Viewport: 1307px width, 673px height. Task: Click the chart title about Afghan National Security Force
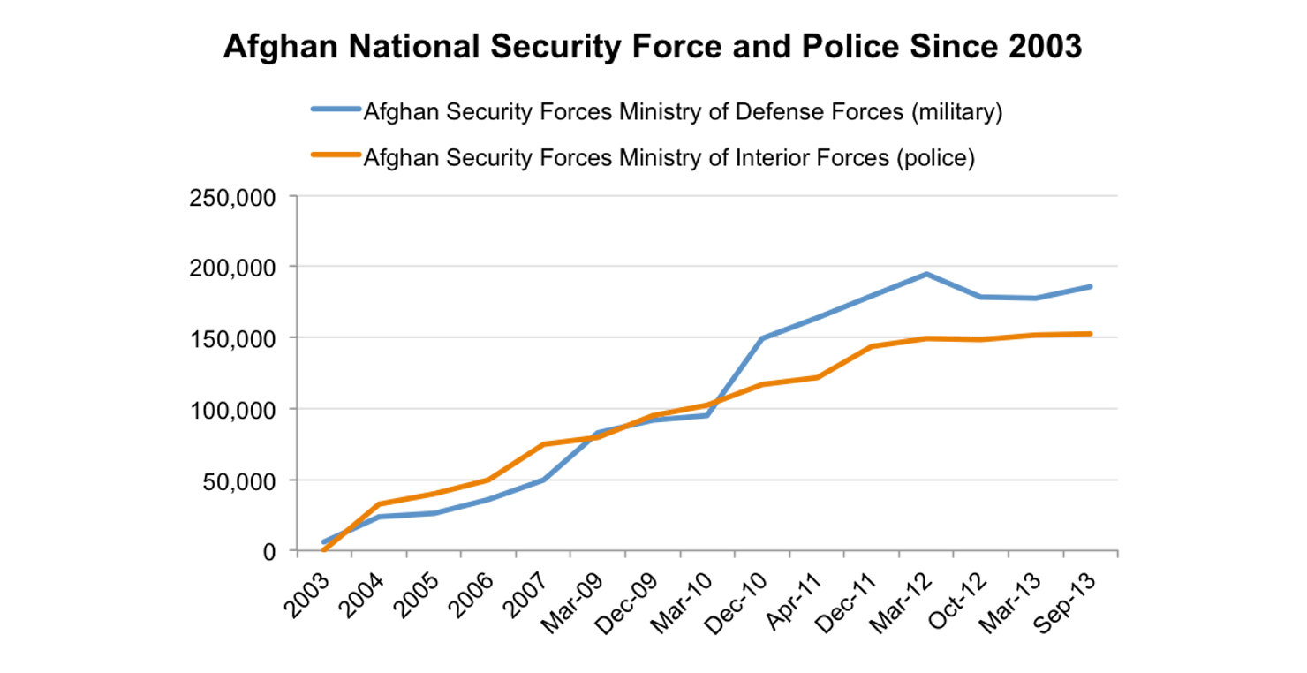[652, 47]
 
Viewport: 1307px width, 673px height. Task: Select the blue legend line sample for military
[336, 112]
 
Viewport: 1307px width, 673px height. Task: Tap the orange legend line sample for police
[336, 157]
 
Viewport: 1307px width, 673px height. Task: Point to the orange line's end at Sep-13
[1091, 334]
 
